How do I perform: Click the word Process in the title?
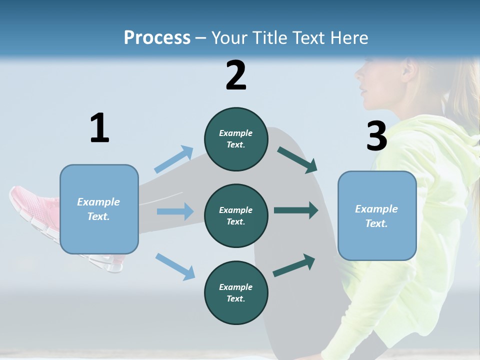click(x=157, y=37)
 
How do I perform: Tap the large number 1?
click(x=99, y=128)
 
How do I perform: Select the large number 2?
click(x=236, y=75)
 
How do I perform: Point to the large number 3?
click(x=377, y=136)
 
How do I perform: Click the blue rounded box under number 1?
click(x=99, y=209)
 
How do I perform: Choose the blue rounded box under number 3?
click(x=377, y=216)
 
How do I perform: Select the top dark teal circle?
click(x=236, y=139)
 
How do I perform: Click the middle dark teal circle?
click(x=236, y=215)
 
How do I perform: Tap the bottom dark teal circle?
click(x=236, y=292)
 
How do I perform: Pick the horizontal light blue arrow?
click(x=175, y=211)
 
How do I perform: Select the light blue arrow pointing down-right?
click(x=175, y=266)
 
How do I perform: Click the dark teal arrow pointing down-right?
click(x=297, y=159)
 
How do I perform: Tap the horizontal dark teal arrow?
click(x=296, y=210)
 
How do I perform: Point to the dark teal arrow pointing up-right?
click(x=294, y=265)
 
